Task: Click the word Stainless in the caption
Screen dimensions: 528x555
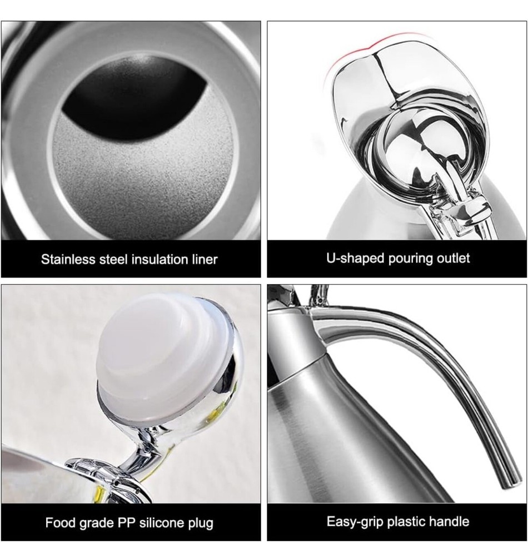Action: tap(68, 259)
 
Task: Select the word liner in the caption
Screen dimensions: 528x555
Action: tap(205, 259)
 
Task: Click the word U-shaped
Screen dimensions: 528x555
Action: tap(355, 259)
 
